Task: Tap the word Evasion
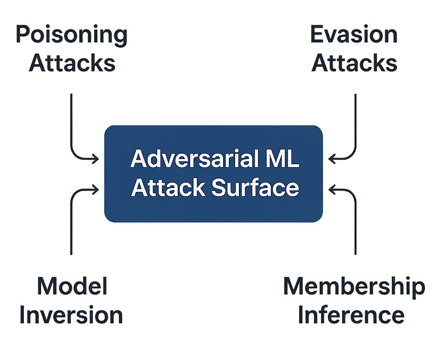(354, 36)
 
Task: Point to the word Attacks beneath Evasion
(354, 63)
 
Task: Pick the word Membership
(354, 286)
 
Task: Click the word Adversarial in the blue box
(186, 159)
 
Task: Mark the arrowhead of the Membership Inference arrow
(330, 190)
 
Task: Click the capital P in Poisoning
(22, 36)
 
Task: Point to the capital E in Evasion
(317, 36)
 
